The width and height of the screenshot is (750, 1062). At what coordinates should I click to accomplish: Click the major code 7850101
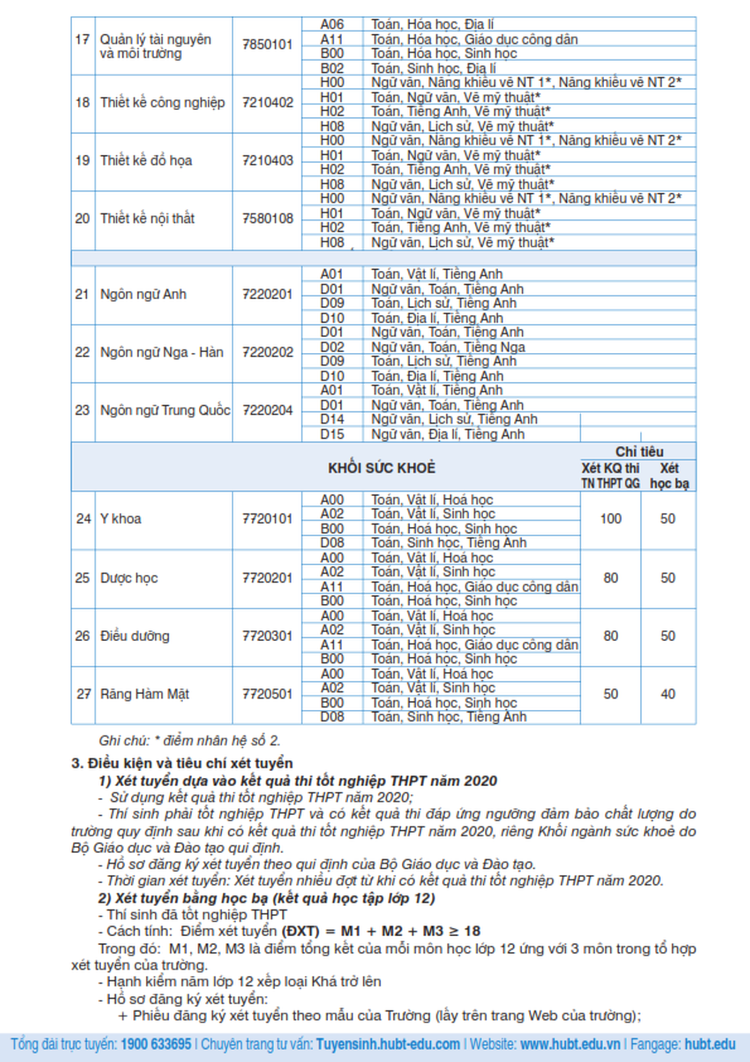coord(267,45)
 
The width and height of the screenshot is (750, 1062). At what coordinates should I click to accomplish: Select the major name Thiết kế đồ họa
coord(146,161)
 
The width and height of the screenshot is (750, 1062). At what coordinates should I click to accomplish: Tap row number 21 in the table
coord(82,295)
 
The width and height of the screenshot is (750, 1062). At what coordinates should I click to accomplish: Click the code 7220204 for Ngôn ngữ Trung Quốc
coord(267,410)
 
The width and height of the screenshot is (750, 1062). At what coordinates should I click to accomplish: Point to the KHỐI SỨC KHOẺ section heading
coord(382,468)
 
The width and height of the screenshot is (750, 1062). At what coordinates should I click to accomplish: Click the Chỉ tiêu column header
coord(639,452)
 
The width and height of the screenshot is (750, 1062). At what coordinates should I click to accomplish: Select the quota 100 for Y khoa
coord(610,519)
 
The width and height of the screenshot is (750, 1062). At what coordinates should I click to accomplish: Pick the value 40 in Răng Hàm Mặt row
coord(667,694)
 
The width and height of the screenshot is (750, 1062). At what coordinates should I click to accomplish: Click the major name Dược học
coord(129,578)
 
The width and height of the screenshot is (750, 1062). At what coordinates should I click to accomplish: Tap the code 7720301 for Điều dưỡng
coord(267,636)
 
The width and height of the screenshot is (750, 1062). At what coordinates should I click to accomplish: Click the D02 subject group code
coord(332,347)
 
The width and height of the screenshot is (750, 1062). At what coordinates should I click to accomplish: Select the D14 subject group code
coord(332,419)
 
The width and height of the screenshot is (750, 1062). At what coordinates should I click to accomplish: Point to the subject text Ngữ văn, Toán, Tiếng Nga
coord(448,347)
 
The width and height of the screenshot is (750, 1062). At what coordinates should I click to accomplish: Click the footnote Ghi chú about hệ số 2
coord(189,741)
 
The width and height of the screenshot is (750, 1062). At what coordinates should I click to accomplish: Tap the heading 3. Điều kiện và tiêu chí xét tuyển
coord(182,763)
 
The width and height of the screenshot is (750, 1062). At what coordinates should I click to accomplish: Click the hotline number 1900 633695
coord(156,1044)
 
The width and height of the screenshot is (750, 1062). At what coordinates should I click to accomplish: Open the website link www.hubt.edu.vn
coord(570,1044)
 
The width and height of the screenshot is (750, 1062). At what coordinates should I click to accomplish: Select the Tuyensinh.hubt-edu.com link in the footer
coord(388,1044)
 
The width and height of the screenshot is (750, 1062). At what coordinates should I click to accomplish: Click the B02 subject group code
coord(332,68)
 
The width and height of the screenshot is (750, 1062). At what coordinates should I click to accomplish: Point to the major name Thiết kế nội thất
coord(147,219)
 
